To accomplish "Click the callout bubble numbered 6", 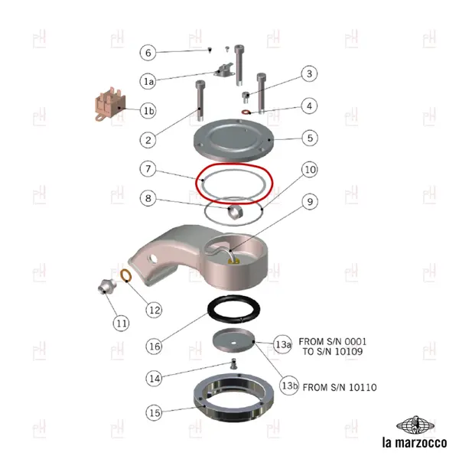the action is (x=148, y=53).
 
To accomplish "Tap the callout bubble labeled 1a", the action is (x=148, y=81).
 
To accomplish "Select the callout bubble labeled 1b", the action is (x=148, y=111).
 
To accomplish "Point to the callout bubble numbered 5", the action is (x=310, y=138).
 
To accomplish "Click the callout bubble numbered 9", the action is (x=310, y=201).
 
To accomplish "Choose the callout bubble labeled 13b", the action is (x=289, y=386).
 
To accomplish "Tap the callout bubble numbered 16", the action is (x=155, y=347).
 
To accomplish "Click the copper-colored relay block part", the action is (x=110, y=103).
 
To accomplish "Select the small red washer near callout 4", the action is (x=246, y=112).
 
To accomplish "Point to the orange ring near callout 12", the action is (x=126, y=275).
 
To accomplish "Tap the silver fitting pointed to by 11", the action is (x=105, y=286).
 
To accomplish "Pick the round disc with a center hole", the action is (x=233, y=341).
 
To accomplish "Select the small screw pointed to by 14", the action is (x=233, y=364).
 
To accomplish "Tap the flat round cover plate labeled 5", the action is (x=233, y=140).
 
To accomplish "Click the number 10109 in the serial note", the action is (x=348, y=351).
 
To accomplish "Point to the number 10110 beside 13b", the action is (x=363, y=387).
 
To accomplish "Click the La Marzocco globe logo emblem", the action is (x=415, y=425).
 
